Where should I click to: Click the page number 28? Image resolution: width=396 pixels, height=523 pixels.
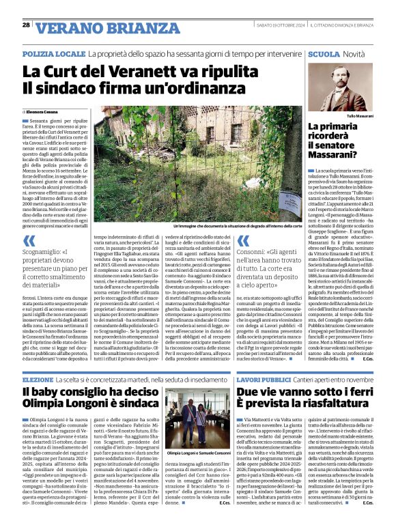coord(26,25)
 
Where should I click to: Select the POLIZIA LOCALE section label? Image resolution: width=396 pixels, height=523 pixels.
coord(53,53)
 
